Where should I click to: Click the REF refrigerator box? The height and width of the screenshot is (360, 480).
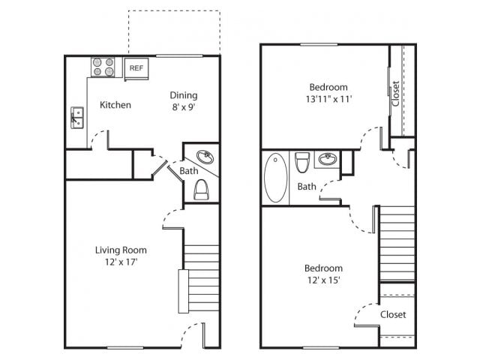tap(136, 67)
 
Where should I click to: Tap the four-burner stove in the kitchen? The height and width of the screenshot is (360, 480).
tap(104, 67)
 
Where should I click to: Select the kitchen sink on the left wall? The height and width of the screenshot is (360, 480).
tap(76, 117)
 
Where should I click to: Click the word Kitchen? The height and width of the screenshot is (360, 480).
tap(115, 105)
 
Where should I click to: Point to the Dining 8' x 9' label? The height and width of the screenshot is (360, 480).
tap(183, 100)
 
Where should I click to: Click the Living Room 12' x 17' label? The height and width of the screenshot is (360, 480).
tap(120, 256)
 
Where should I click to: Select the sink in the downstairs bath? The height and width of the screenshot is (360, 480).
tap(204, 157)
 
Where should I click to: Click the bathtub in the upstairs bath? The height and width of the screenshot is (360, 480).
tap(275, 178)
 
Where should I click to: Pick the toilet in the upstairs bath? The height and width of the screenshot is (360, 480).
tap(303, 162)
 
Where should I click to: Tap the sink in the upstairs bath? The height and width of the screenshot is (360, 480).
tap(326, 159)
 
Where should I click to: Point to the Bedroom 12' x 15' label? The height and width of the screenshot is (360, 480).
tap(323, 274)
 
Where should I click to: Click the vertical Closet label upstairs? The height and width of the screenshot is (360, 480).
tap(396, 94)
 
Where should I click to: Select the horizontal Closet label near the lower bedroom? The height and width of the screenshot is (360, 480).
tap(393, 314)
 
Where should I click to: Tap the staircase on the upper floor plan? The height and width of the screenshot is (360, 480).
tap(397, 244)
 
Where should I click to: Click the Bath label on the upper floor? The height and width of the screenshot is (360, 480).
tap(307, 187)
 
